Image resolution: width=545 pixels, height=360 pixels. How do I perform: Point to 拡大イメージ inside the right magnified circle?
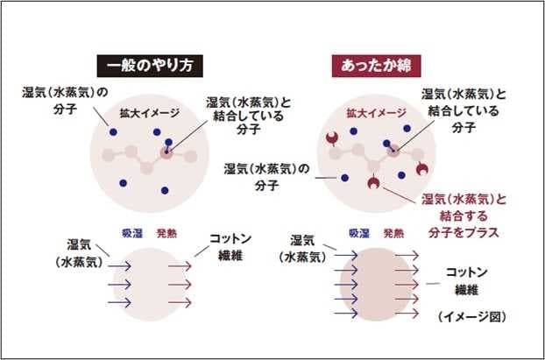(x=376, y=113)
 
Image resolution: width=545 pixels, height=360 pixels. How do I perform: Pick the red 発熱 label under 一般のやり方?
(x=167, y=234)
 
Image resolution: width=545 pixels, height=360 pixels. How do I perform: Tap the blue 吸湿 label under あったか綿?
(x=359, y=234)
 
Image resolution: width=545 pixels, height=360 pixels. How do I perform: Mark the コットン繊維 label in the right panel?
(x=467, y=280)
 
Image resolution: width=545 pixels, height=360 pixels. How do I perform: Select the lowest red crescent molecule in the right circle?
(x=373, y=183)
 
